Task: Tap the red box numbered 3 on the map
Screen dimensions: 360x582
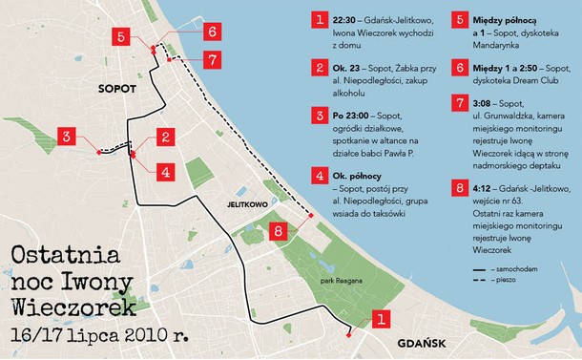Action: [67, 137]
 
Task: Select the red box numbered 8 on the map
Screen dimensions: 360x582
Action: [278, 230]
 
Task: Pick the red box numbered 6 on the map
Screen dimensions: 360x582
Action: [211, 31]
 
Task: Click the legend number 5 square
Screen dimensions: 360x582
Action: [461, 19]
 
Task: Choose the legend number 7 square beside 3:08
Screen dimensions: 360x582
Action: [461, 102]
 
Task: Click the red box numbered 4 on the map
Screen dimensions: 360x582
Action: [165, 173]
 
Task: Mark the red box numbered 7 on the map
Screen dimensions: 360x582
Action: [211, 59]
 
